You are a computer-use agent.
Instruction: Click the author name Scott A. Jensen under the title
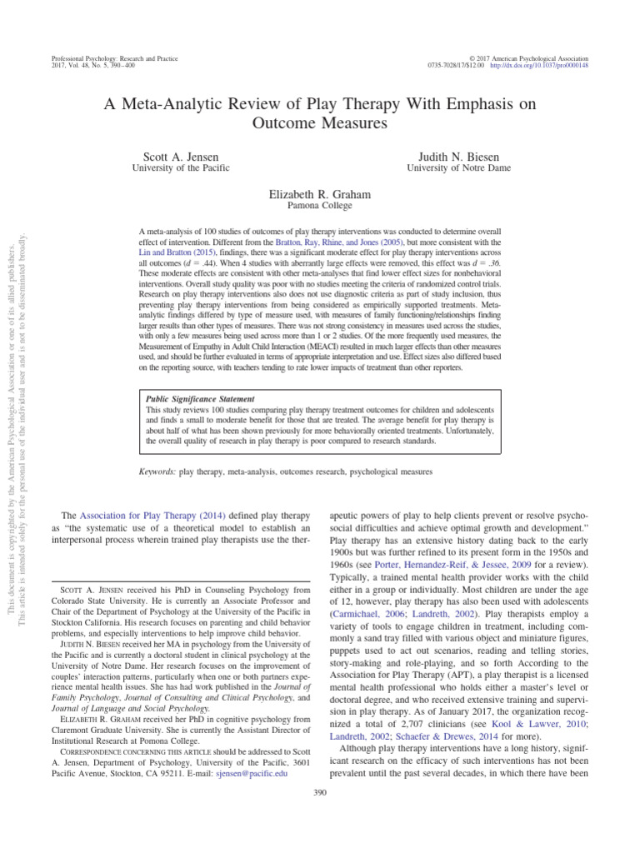176,157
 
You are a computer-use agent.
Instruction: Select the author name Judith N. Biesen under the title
462,157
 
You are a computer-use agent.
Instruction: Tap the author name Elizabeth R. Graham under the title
319,194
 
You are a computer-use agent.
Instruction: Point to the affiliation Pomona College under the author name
319,206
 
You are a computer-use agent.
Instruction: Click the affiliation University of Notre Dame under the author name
462,168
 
